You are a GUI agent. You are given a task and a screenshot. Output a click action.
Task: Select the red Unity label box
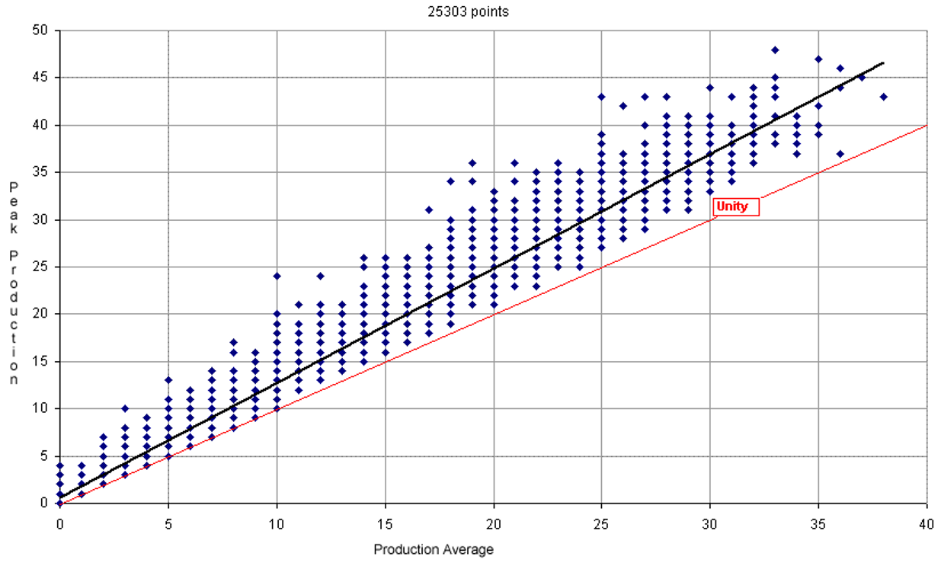pos(736,206)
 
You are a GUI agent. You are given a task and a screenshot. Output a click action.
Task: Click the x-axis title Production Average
pos(434,549)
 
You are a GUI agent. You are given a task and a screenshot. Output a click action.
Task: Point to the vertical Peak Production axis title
pos(14,283)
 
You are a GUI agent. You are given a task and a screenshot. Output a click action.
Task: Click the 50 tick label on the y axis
pos(40,30)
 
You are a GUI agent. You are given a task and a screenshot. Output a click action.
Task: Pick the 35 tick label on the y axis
pos(40,172)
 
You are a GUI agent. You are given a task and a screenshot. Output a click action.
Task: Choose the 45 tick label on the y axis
pos(40,78)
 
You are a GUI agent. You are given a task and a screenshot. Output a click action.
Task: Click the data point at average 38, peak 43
pos(883,97)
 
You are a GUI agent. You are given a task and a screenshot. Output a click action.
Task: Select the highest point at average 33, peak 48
pos(775,50)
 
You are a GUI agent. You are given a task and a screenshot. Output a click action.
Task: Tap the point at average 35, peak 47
pos(818,59)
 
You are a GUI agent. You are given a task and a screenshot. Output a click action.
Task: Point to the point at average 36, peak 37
pos(840,153)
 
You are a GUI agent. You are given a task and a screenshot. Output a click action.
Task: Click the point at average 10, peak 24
pos(277,277)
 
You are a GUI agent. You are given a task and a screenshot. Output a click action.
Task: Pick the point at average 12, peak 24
pos(320,277)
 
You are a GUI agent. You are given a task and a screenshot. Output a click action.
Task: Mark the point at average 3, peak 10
pos(125,408)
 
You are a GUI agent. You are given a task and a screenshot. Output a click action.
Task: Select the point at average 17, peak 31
pos(428,210)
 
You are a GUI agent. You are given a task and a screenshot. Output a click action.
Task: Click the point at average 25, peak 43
pos(602,97)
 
